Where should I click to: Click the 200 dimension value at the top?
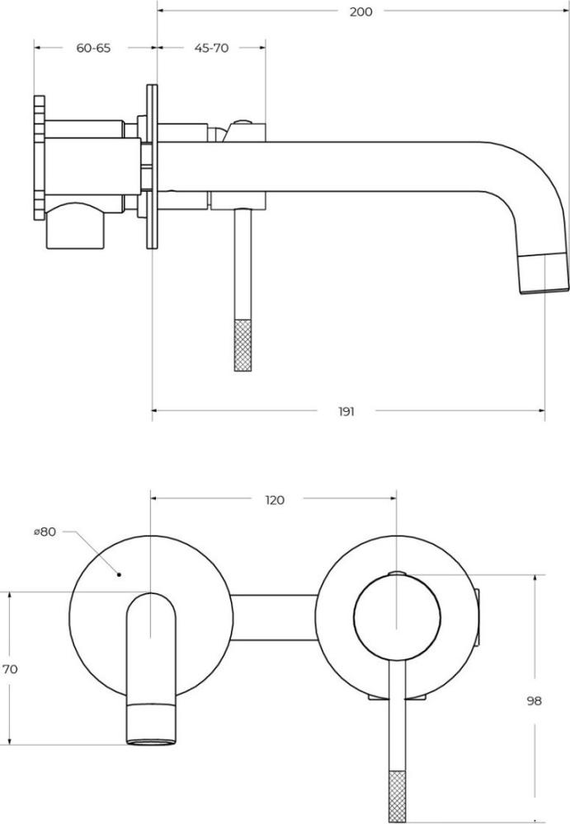click(x=360, y=12)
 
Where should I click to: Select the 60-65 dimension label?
click(x=94, y=48)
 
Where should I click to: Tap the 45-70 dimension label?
click(x=211, y=48)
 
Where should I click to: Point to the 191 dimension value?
click(x=346, y=411)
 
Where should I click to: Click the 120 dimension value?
click(x=274, y=500)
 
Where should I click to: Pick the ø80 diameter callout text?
click(x=45, y=531)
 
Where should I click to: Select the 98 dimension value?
click(x=534, y=700)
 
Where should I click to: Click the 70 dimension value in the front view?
click(x=10, y=669)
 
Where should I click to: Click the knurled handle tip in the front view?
click(x=397, y=796)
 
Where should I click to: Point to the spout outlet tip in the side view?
click(x=544, y=273)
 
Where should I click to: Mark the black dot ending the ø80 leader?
click(x=120, y=574)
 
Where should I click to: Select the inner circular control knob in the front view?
click(x=397, y=617)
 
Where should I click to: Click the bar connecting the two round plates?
click(x=275, y=617)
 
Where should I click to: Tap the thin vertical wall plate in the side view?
click(x=152, y=166)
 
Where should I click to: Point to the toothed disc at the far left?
click(x=40, y=157)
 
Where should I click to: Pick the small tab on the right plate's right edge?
click(x=478, y=617)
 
